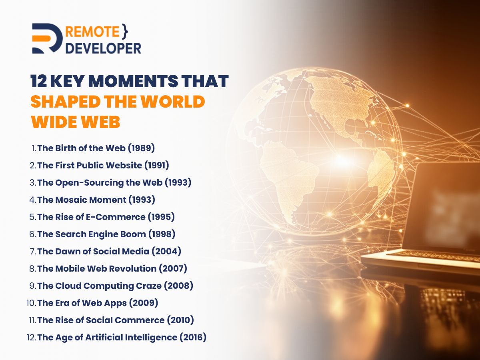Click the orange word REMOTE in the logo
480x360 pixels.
tap(92, 32)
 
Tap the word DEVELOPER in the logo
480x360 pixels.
tap(104, 48)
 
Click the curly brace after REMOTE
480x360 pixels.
tap(125, 32)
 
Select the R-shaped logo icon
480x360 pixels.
tap(47, 38)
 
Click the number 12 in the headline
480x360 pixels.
tap(39, 81)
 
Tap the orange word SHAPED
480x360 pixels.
tap(65, 102)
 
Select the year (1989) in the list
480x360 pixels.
tap(141, 148)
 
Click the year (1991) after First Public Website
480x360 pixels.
tap(157, 165)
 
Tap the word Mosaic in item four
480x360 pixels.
tap(71, 200)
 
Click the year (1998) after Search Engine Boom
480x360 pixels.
tap(162, 234)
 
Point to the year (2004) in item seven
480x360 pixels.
tap(166, 251)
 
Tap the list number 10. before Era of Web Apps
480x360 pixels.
tap(31, 303)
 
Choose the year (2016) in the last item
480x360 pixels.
tap(193, 337)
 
